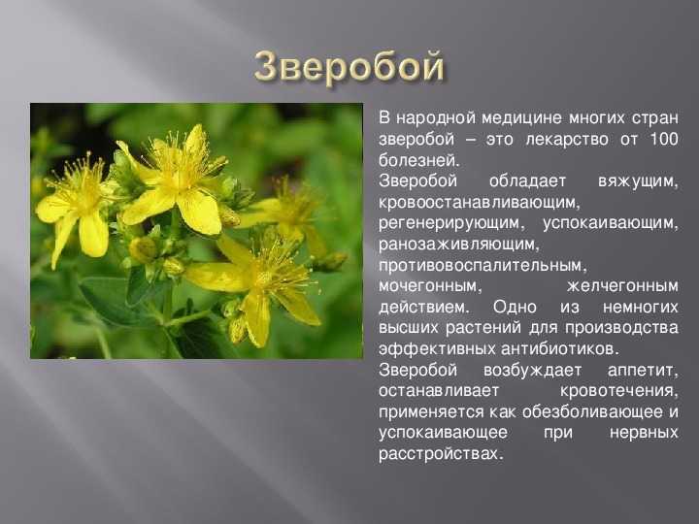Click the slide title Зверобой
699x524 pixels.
(x=349, y=68)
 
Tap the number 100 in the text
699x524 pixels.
(x=664, y=140)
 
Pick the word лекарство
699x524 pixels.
(x=567, y=140)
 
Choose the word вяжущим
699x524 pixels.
(x=639, y=181)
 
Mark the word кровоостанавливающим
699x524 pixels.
(x=480, y=203)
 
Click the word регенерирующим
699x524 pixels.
(x=449, y=224)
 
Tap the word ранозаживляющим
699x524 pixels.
(x=458, y=245)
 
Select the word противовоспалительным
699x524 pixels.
(x=483, y=266)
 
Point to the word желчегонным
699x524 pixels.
(x=622, y=286)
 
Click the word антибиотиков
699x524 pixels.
(x=560, y=349)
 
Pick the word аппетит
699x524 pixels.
(x=643, y=371)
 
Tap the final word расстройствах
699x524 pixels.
(x=441, y=454)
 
